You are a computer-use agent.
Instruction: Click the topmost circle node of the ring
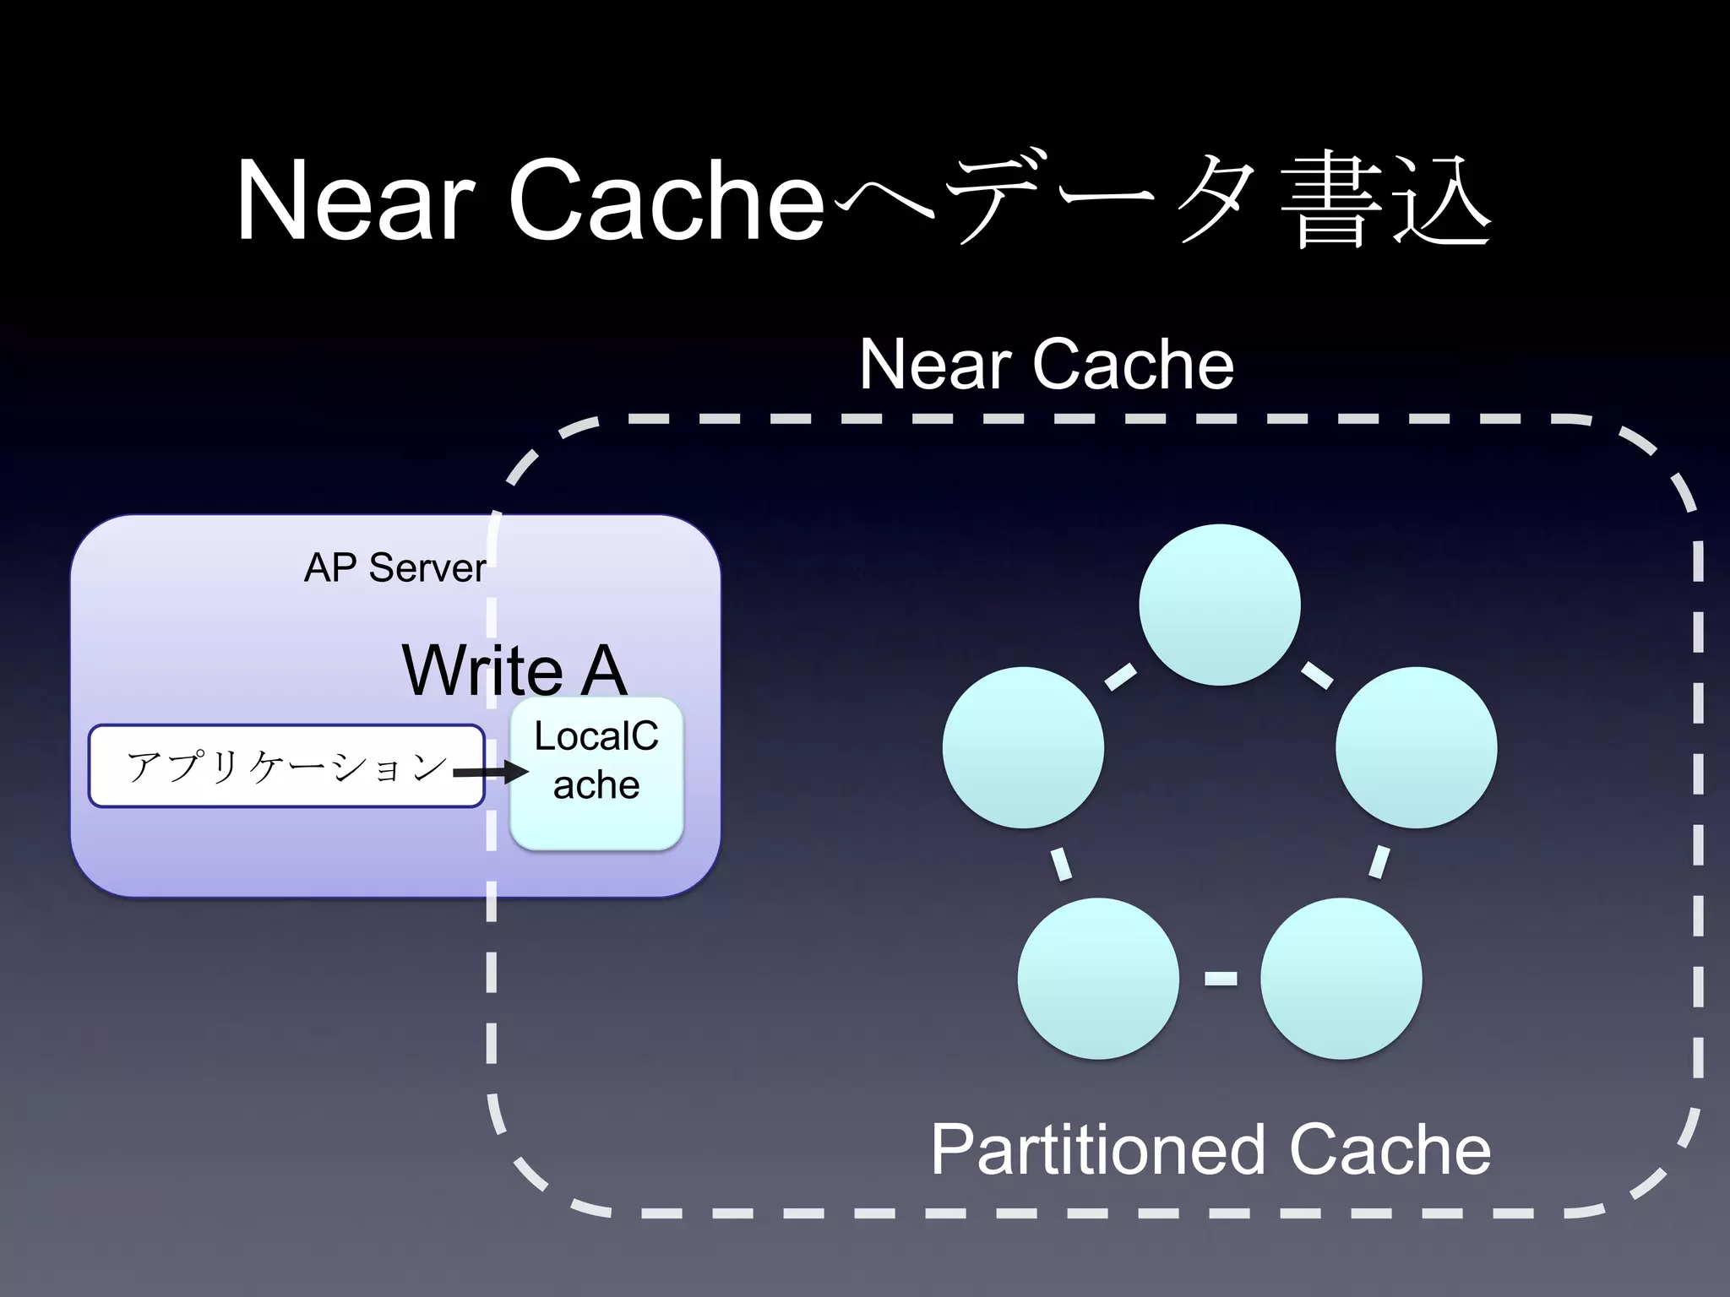pyautogui.click(x=1219, y=605)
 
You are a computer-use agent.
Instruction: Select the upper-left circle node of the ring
pyautogui.click(x=1023, y=747)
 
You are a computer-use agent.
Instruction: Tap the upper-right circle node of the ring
pyautogui.click(x=1416, y=747)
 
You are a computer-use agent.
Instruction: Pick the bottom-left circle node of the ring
pyautogui.click(x=1098, y=978)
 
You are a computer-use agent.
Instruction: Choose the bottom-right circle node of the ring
pyautogui.click(x=1341, y=978)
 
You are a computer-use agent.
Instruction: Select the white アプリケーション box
pyautogui.click(x=286, y=766)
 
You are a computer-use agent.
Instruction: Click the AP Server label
pyautogui.click(x=394, y=567)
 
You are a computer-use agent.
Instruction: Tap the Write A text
pyautogui.click(x=514, y=670)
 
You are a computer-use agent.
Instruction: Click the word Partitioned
pyautogui.click(x=1097, y=1150)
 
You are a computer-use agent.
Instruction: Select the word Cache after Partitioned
pyautogui.click(x=1390, y=1150)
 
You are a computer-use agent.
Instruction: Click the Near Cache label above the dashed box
pyautogui.click(x=1047, y=364)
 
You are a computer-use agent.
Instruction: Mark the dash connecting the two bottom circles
pyautogui.click(x=1220, y=979)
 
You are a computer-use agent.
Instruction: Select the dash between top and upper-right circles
pyautogui.click(x=1317, y=676)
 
